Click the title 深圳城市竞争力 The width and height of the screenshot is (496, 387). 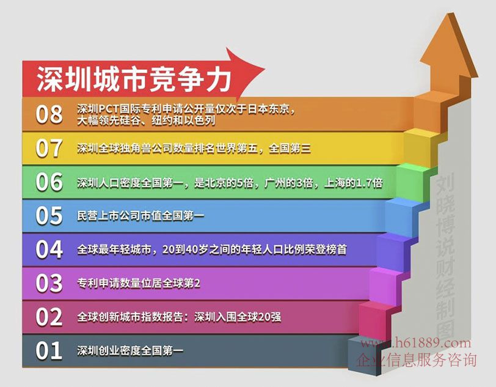click(134, 79)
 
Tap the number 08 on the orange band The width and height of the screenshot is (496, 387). click(49, 114)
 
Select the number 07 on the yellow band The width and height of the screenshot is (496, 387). click(49, 148)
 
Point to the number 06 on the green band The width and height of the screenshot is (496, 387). click(49, 182)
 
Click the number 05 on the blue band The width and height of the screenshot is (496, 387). click(49, 216)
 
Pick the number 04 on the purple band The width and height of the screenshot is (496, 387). click(49, 249)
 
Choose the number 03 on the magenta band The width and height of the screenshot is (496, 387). click(49, 283)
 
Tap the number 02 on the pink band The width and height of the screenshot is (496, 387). click(49, 317)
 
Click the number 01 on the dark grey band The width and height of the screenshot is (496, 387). click(49, 350)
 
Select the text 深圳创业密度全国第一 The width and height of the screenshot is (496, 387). click(130, 350)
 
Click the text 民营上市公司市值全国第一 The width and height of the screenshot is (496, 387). click(140, 216)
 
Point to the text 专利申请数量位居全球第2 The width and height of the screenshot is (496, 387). click(139, 284)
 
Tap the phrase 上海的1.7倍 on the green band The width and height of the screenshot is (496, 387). click(353, 183)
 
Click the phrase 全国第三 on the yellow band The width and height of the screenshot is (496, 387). click(290, 148)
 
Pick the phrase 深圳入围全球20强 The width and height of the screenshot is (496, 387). click(238, 317)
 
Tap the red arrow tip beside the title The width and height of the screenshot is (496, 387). click(264, 68)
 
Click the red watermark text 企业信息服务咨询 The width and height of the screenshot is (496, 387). click(417, 360)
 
